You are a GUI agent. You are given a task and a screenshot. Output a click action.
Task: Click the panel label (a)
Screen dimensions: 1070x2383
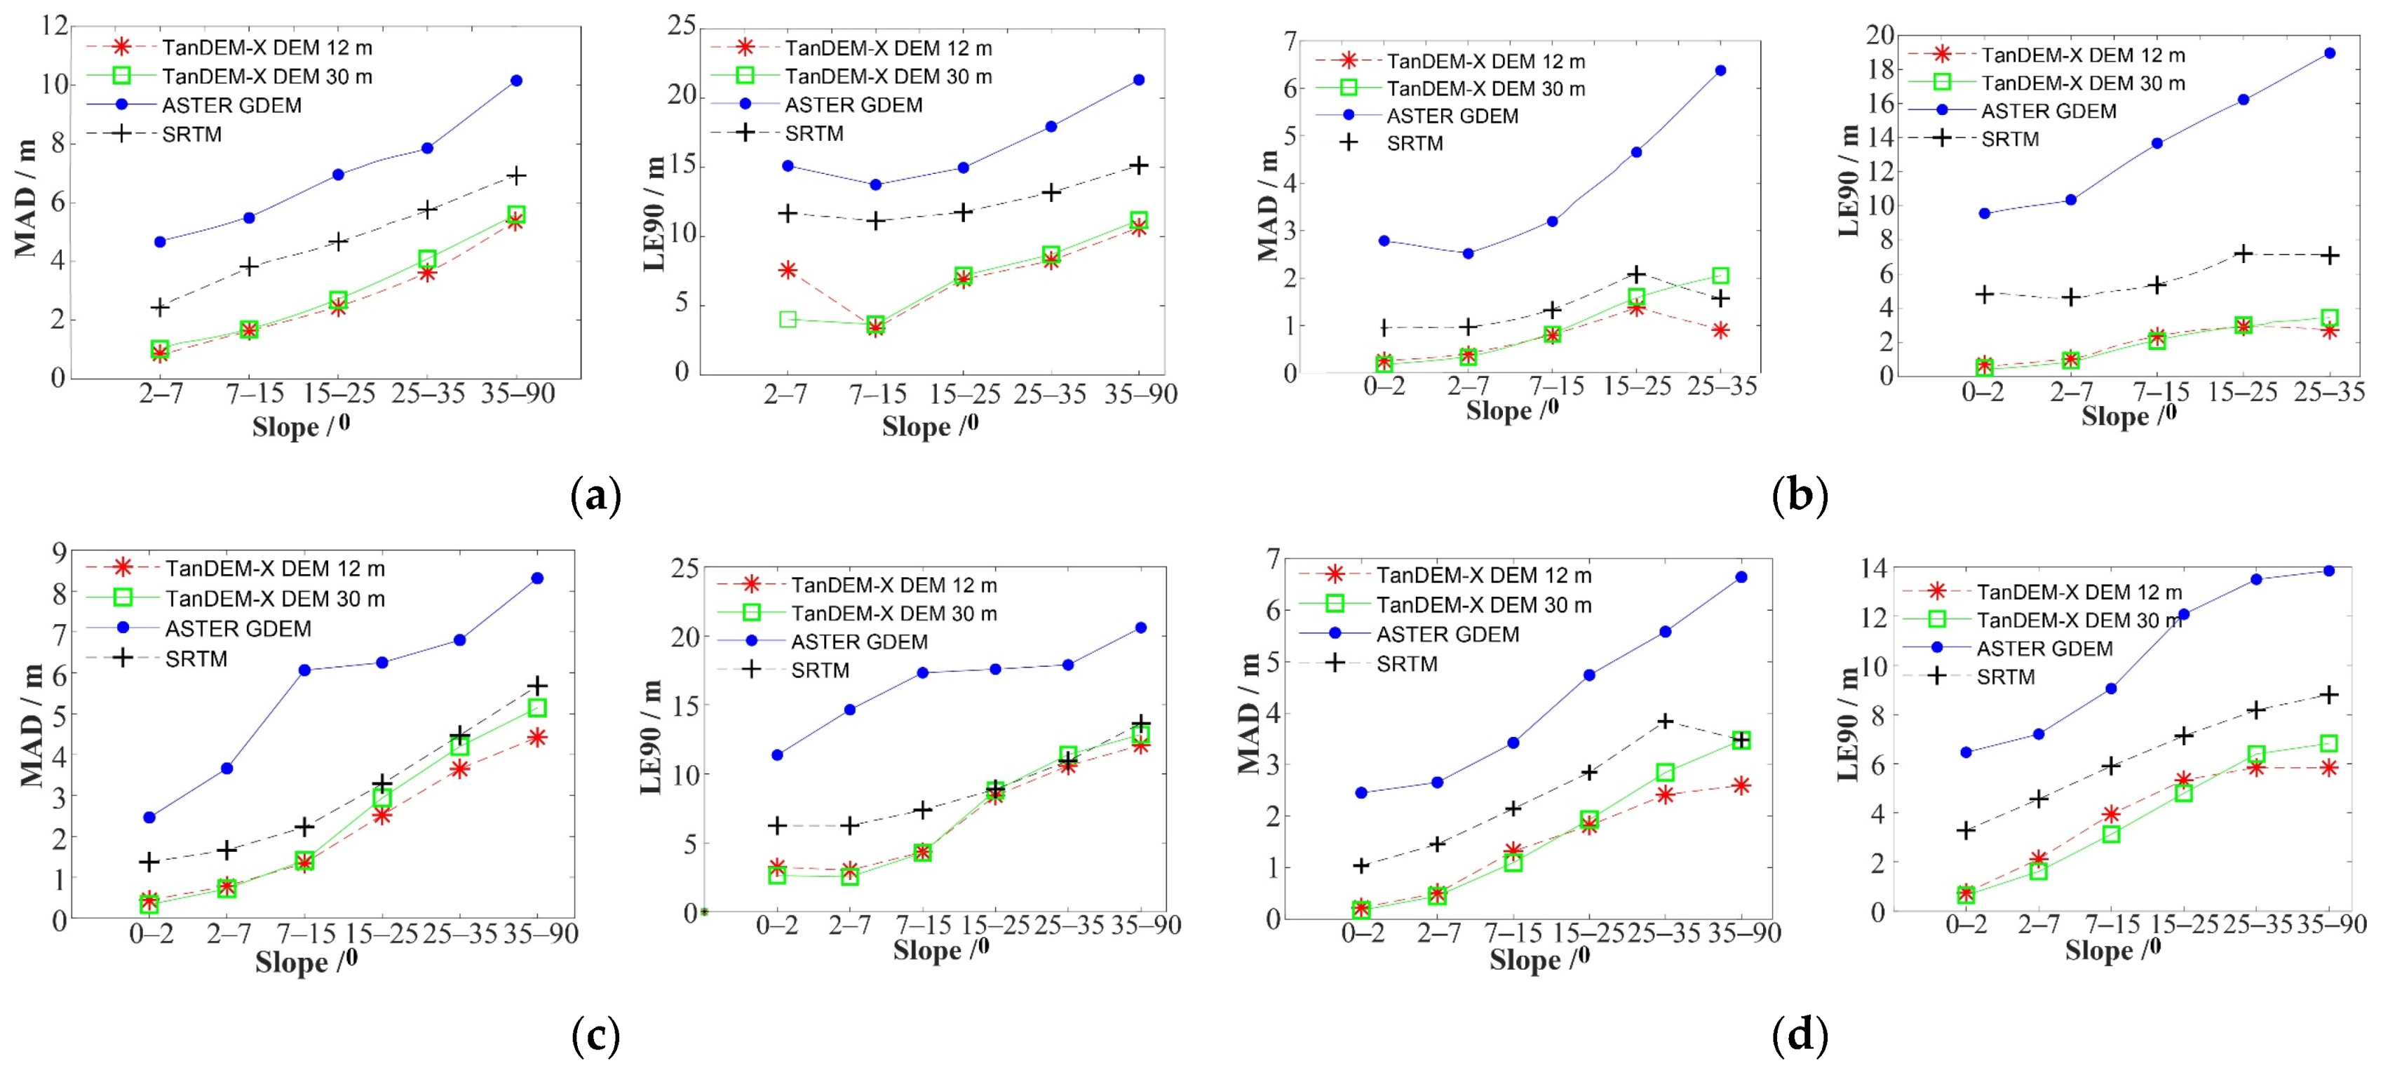[596, 496]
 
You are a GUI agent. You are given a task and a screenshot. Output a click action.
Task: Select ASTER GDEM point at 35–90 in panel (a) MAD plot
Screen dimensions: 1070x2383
[516, 81]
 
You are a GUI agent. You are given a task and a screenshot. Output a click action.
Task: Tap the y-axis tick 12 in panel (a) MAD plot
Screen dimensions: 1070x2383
[55, 25]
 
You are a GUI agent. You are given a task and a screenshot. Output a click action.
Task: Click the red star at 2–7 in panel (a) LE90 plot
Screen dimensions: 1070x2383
[788, 270]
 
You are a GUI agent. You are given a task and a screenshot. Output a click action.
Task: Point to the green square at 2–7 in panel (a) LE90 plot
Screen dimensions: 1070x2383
[788, 319]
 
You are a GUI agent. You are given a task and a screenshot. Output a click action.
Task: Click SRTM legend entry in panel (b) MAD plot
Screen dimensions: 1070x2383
[1414, 143]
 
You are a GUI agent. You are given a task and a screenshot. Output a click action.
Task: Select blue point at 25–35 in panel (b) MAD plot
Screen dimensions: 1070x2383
[1720, 70]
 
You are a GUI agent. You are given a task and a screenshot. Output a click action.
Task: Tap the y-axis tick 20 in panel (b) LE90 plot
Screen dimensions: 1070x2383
[1879, 35]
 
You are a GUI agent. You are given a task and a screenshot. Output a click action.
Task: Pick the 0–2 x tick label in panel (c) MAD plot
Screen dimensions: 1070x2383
[151, 934]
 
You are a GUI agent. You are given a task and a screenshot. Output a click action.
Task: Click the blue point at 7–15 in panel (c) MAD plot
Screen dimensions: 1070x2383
[304, 670]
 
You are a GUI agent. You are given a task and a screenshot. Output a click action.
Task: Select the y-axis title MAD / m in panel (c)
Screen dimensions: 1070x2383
[32, 726]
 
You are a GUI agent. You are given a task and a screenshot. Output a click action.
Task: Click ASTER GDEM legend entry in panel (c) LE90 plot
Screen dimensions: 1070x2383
[858, 642]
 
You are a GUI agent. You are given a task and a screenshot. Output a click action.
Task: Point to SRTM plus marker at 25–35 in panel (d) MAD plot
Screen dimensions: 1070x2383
[1664, 720]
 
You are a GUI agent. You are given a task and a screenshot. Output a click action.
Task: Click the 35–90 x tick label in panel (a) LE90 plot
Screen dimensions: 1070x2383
[1140, 395]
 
